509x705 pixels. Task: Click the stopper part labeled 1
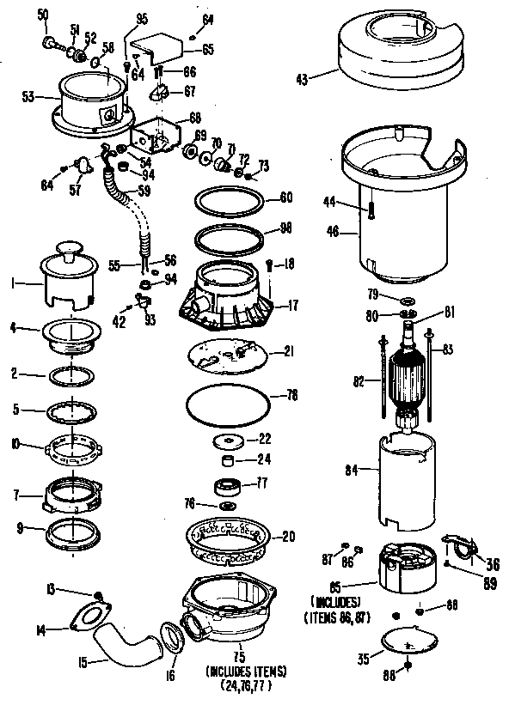point(66,275)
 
